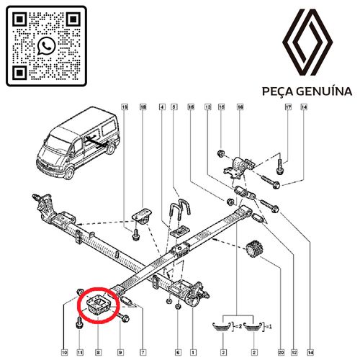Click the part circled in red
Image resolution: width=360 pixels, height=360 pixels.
click(x=96, y=304)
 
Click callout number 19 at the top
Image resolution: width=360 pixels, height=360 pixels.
click(x=124, y=107)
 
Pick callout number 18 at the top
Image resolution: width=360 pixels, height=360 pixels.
click(x=143, y=107)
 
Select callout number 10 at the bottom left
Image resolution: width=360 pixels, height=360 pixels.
click(x=64, y=352)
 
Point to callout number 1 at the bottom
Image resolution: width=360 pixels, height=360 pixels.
click(x=192, y=352)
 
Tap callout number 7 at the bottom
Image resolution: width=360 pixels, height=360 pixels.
click(x=143, y=352)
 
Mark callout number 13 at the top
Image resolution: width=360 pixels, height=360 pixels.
click(x=208, y=107)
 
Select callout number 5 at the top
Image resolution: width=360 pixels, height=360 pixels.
click(x=176, y=107)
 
